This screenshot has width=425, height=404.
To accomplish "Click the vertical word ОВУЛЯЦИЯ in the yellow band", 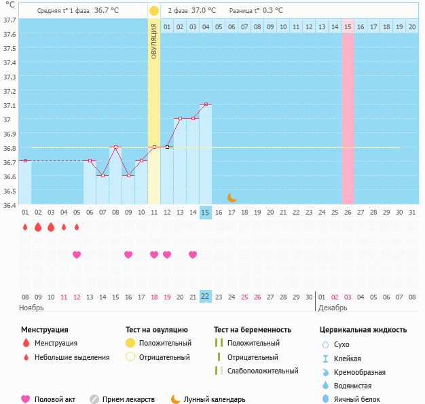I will (x=154, y=41).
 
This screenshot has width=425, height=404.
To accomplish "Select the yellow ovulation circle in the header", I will (x=154, y=11).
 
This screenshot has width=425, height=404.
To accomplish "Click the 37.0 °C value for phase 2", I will (x=203, y=11).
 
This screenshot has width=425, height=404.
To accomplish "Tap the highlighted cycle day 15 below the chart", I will (x=205, y=213).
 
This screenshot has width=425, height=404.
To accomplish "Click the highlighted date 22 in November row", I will (x=205, y=297).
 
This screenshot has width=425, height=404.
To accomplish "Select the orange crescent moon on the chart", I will (x=232, y=197).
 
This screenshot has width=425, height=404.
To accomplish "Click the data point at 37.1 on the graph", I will (x=206, y=105).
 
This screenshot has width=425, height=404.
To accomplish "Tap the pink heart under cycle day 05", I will (x=77, y=255).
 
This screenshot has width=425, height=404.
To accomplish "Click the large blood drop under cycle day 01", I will (x=25, y=227).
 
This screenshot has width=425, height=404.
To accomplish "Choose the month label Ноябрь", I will (x=33, y=308).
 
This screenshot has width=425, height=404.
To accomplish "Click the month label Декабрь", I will (x=333, y=308).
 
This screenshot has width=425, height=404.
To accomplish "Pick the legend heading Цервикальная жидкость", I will (x=363, y=330).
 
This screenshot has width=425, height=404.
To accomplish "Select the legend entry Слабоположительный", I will (x=263, y=371).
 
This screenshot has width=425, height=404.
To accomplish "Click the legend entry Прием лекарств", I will (x=128, y=399).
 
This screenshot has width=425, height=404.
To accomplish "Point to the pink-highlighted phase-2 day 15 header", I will (x=348, y=26).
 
